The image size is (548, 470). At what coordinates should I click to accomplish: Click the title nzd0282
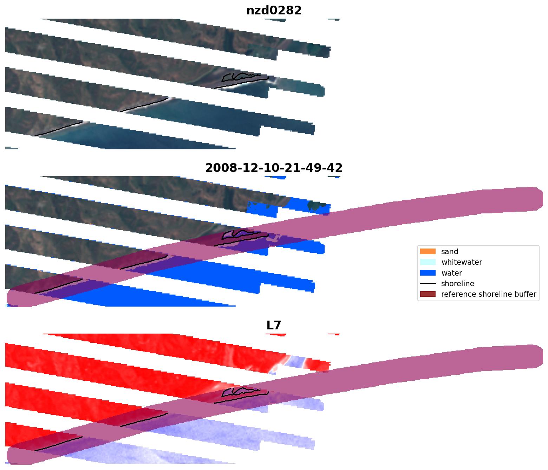pos(274,11)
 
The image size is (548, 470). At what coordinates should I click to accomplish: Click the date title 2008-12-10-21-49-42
pos(274,168)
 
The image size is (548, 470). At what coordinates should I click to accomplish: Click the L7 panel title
pos(274,326)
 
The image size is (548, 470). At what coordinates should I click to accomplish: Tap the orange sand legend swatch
pos(428,252)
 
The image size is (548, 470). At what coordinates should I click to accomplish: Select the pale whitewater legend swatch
pos(428,262)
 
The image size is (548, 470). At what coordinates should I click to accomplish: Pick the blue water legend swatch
pos(428,273)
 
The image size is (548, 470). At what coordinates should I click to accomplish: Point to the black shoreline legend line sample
pos(428,284)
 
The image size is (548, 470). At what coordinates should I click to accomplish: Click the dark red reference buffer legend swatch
pos(428,294)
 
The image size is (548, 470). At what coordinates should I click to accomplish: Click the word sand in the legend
pos(450,252)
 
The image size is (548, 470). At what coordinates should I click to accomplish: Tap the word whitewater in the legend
pos(462,262)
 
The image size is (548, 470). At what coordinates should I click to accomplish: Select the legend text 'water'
pos(451,273)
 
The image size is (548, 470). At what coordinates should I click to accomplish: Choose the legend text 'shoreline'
pos(457,284)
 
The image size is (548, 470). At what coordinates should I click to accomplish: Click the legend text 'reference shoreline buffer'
pos(489,294)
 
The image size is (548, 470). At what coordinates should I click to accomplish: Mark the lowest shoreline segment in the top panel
pos(58,129)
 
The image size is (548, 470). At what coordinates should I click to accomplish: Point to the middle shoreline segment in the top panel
pos(144,105)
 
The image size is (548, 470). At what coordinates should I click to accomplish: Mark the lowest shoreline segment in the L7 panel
pos(58,444)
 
